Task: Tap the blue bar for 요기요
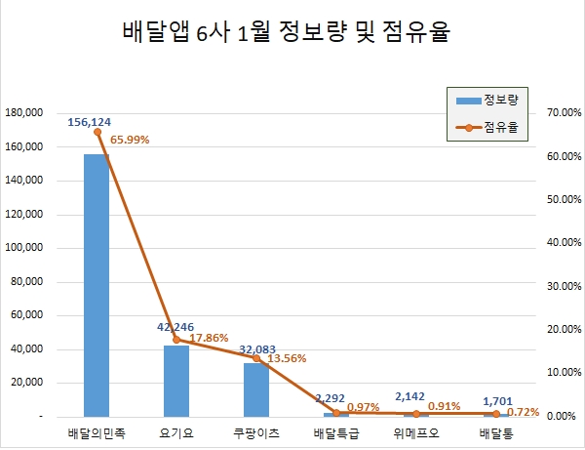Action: click(x=176, y=381)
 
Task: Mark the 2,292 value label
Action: click(x=334, y=397)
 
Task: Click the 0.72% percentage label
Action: click(x=522, y=412)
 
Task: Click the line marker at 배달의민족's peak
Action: click(x=97, y=131)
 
